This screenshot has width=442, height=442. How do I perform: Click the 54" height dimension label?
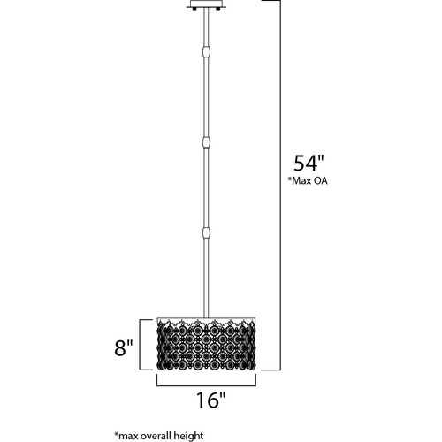tap(309, 163)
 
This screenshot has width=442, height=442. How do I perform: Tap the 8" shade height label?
tap(124, 347)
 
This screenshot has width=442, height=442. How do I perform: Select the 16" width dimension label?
tap(210, 400)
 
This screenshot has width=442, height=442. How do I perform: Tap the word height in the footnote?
tap(188, 436)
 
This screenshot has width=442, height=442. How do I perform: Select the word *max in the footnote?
tap(125, 436)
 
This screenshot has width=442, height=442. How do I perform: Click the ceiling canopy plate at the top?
tap(206, 4)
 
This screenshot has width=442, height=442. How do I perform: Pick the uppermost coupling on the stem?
tap(207, 52)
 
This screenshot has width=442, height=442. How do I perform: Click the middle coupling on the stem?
tap(207, 142)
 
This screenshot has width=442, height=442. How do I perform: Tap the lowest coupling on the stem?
tap(207, 233)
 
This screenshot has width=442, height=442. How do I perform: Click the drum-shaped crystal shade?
tap(206, 344)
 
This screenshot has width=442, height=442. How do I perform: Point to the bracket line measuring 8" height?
tap(141, 345)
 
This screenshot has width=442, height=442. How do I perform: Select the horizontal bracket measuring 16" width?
tap(206, 385)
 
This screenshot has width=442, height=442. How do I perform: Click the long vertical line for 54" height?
tap(280, 185)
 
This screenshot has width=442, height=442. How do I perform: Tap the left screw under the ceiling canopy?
tap(194, 9)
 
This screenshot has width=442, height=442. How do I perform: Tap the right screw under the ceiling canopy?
tap(218, 9)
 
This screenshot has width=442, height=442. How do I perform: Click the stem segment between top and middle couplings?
tap(207, 97)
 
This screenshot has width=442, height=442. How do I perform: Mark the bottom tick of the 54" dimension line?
tap(271, 370)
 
